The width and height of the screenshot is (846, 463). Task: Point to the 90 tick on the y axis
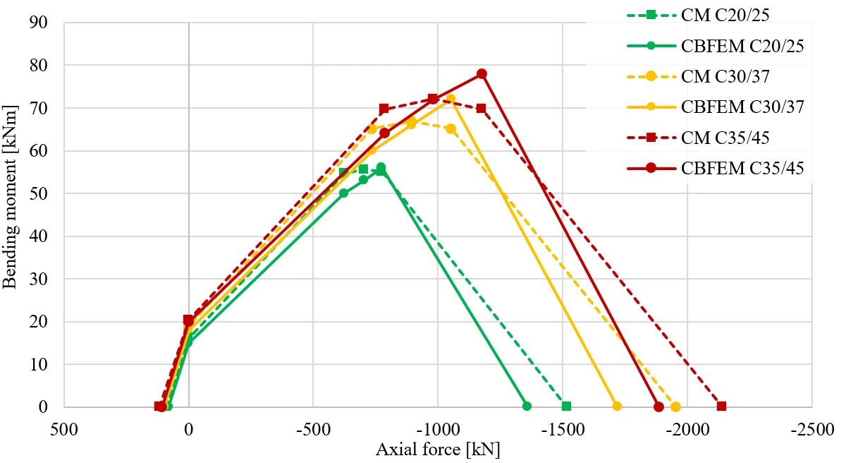pos(39,23)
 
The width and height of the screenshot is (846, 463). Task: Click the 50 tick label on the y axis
pos(39,193)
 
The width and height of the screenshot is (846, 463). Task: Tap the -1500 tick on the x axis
pos(563,430)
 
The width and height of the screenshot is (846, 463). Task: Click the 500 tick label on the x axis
pos(64,430)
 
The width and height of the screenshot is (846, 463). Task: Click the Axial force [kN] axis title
pos(438,450)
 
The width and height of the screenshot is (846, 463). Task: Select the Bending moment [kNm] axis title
pos(9,197)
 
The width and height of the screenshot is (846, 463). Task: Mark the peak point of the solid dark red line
pos(482,73)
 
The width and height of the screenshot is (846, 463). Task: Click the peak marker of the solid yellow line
pos(450,99)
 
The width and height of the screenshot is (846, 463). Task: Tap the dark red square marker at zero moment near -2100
pos(721,407)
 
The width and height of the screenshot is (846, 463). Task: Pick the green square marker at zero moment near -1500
pos(566,407)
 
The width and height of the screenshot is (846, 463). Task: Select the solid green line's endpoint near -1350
pos(527,407)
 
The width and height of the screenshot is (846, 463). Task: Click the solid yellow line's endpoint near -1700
pos(617,407)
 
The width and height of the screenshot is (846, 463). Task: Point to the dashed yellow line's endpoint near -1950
pos(675,407)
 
